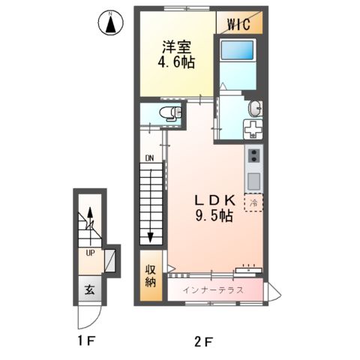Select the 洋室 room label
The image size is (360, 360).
(176, 46)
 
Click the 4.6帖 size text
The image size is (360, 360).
(176, 63)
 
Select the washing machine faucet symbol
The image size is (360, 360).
(255, 127)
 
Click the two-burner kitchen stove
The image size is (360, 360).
(253, 157)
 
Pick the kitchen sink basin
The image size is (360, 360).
(253, 181)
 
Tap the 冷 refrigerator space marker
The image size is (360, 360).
(253, 203)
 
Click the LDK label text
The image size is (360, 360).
(216, 201)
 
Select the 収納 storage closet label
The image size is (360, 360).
(150, 276)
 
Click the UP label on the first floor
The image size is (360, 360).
(90, 253)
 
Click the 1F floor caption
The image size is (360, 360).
(87, 343)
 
